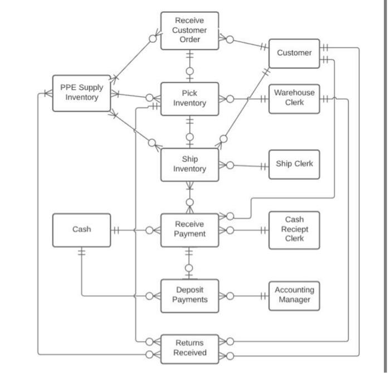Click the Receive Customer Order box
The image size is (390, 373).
(189, 30)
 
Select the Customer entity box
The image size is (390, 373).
(294, 53)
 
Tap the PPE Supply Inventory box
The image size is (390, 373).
(81, 93)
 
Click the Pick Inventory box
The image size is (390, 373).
(189, 98)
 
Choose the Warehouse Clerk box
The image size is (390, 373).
(294, 98)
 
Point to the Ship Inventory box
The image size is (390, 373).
(189, 164)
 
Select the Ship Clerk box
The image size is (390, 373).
(294, 164)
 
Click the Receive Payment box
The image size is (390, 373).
(189, 229)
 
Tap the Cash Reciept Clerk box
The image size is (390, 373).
(294, 229)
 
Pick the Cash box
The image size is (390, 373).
(81, 229)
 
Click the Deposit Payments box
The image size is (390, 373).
(189, 294)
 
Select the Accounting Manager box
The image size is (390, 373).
(294, 295)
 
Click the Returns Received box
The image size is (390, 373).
(189, 347)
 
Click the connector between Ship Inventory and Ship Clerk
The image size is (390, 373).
(248, 166)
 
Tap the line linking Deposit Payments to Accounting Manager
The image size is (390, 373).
(248, 296)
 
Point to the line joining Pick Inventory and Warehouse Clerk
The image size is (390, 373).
(248, 99)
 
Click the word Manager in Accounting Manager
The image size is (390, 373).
(294, 300)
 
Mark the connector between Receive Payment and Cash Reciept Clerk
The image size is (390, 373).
(248, 230)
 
